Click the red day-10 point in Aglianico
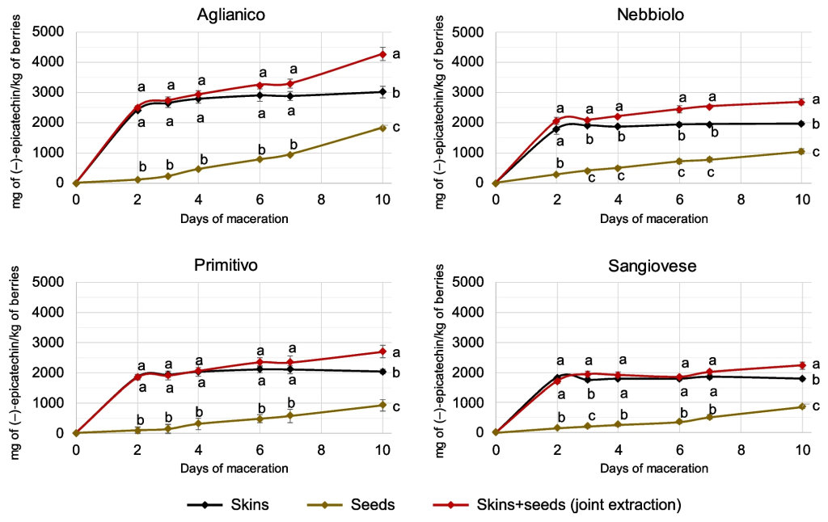(x=382, y=55)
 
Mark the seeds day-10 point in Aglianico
(x=382, y=128)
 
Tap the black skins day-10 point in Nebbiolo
(x=801, y=124)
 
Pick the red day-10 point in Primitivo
(x=382, y=352)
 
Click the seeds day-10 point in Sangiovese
(x=801, y=406)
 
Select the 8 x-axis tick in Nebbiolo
(x=741, y=198)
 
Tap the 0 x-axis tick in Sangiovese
(x=496, y=448)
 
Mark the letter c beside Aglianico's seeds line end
(x=396, y=127)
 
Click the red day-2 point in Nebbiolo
(x=556, y=121)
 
